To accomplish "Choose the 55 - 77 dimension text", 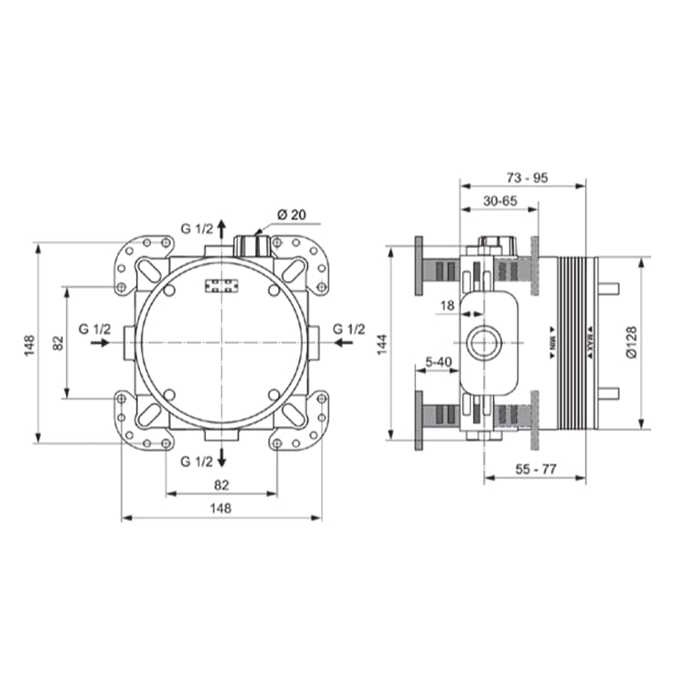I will (x=536, y=468).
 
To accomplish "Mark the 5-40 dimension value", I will (x=440, y=363).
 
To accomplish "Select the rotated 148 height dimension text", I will (x=29, y=344).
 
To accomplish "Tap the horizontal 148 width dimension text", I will (x=220, y=508).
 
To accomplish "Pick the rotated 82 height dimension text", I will (x=57, y=344).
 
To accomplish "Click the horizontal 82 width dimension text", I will (x=220, y=484).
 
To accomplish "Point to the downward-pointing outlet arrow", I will (x=221, y=458).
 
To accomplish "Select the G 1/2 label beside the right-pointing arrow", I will (x=95, y=328).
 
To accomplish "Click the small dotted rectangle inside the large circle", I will (x=221, y=286).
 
